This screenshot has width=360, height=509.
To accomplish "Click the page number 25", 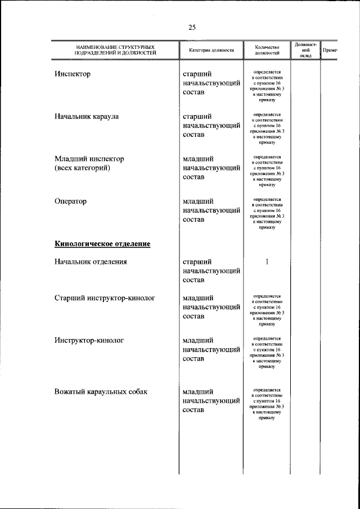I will (x=192, y=28).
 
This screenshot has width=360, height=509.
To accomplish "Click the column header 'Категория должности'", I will (x=211, y=50).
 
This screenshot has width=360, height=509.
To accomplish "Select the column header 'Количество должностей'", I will (x=267, y=50).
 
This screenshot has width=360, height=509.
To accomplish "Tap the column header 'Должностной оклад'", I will (x=305, y=49).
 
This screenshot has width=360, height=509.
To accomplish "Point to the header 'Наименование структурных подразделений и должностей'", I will (x=116, y=50).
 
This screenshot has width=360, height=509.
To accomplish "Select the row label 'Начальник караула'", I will (x=87, y=116).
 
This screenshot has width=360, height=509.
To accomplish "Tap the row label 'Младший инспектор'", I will (x=89, y=159).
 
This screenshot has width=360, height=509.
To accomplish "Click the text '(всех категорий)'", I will (x=82, y=168).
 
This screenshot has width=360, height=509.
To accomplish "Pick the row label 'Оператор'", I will (x=71, y=201).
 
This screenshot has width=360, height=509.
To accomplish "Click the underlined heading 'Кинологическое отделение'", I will (x=102, y=244).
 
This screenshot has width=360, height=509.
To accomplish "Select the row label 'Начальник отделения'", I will (x=91, y=262).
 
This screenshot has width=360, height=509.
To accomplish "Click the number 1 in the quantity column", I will (x=267, y=262).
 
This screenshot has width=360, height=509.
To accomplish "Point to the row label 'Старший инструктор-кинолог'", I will (x=105, y=298).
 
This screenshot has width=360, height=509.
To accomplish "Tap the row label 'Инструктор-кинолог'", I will (x=89, y=340).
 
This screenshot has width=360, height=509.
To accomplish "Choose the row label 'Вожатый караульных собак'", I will (x=101, y=391).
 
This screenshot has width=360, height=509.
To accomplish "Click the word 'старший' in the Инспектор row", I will (x=197, y=74).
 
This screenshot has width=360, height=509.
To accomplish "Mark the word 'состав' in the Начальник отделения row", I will (x=193, y=280).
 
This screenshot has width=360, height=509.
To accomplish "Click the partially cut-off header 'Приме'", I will (x=330, y=50).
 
